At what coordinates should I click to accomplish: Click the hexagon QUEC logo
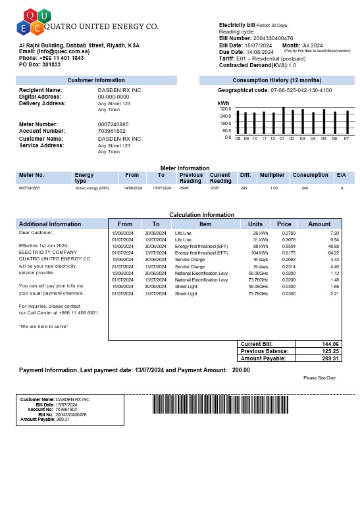(x=32, y=21)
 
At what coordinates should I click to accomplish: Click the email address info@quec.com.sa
(x=63, y=51)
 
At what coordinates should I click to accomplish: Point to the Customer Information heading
(x=96, y=80)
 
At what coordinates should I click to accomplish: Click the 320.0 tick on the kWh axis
(x=225, y=109)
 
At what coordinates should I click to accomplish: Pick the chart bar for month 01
(x=283, y=122)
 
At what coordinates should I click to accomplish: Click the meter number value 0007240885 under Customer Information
(x=113, y=124)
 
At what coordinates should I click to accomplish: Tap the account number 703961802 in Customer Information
(x=111, y=131)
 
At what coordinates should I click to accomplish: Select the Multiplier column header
(x=272, y=176)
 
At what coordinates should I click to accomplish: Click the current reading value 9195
(x=215, y=188)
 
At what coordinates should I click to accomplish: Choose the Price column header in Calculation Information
(x=284, y=224)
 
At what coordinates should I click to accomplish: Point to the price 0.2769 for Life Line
(x=288, y=233)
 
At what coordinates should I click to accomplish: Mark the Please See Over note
(x=320, y=378)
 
